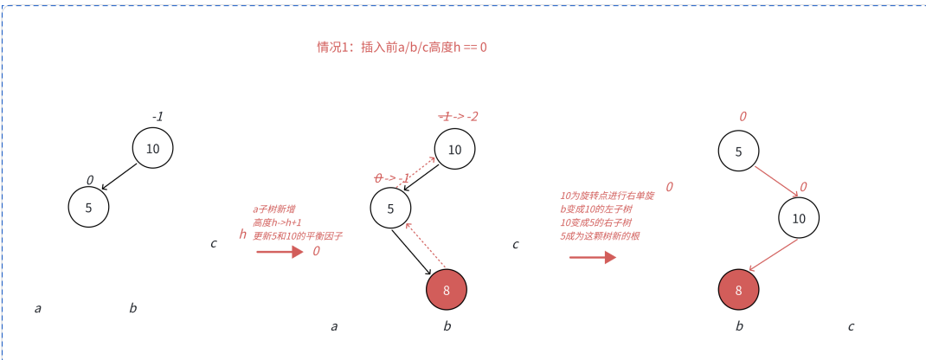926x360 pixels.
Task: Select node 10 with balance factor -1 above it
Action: pyautogui.click(x=152, y=148)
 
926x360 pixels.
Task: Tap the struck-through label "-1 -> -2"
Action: pyautogui.click(x=458, y=116)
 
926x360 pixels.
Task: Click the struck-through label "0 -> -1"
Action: pyautogui.click(x=391, y=178)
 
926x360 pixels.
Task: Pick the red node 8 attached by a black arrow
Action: pyautogui.click(x=447, y=290)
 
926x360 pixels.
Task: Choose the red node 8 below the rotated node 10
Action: pyautogui.click(x=738, y=290)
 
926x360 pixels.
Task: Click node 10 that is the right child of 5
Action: pyautogui.click(x=798, y=218)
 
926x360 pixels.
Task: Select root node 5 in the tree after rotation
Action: pyautogui.click(x=738, y=151)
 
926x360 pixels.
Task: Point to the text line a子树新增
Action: pyautogui.click(x=273, y=209)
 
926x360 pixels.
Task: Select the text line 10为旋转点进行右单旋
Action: pyautogui.click(x=607, y=196)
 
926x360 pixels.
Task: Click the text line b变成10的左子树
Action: pyautogui.click(x=598, y=209)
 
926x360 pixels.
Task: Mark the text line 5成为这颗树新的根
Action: pyautogui.click(x=601, y=235)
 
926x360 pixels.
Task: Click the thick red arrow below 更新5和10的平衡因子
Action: pyautogui.click(x=280, y=252)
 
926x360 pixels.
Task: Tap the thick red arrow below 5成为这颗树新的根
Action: pyautogui.click(x=592, y=256)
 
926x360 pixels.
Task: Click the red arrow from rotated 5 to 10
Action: pyautogui.click(x=776, y=182)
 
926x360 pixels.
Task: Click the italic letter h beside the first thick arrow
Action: pyautogui.click(x=243, y=234)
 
